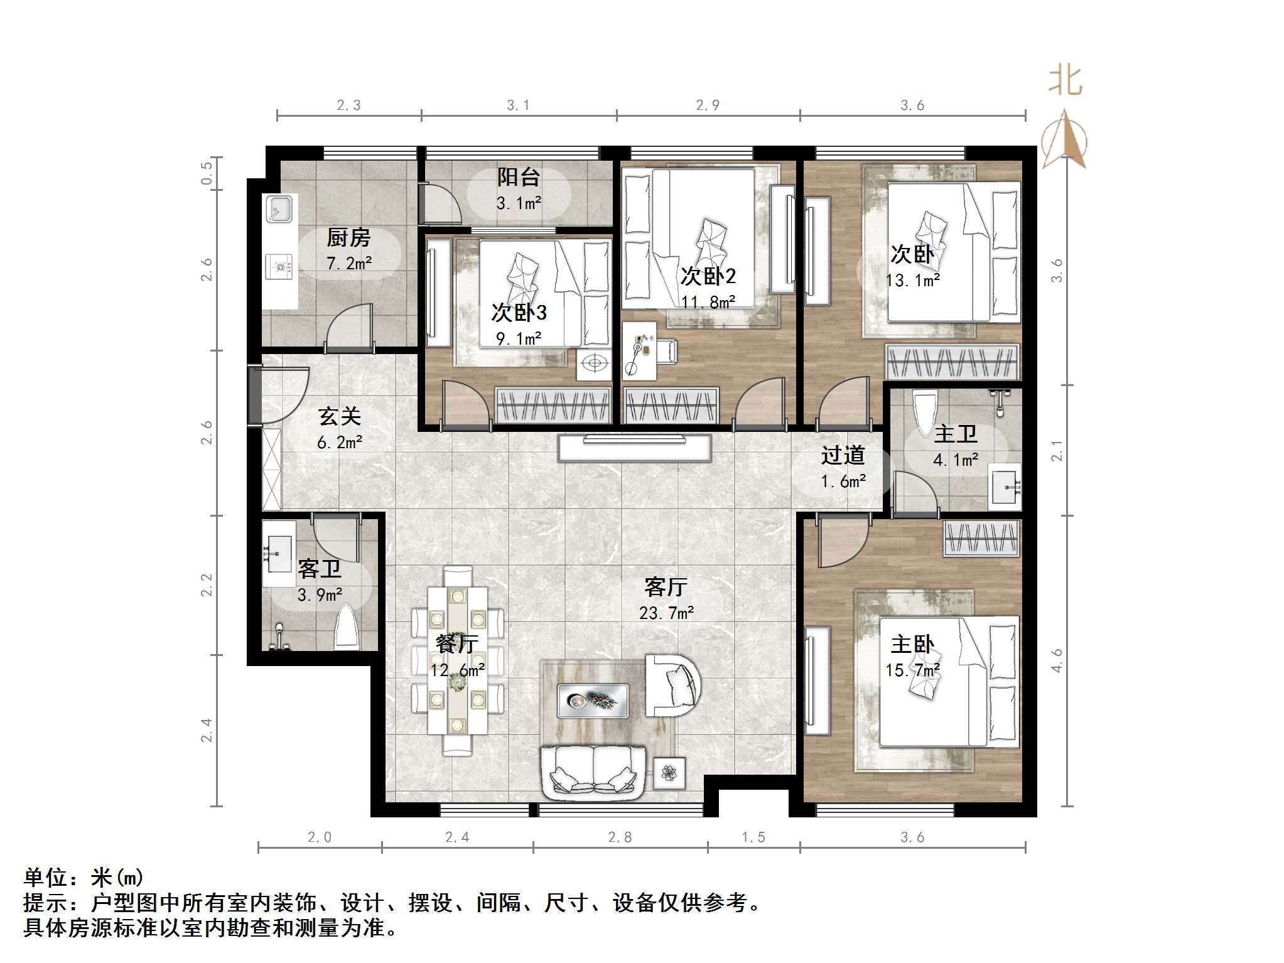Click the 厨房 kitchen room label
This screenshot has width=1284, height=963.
(348, 238)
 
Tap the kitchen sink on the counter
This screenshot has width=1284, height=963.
(279, 209)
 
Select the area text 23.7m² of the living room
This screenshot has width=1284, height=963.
(666, 613)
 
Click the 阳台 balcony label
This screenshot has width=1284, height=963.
(519, 177)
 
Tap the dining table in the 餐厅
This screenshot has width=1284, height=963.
(457, 659)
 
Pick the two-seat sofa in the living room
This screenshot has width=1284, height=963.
(593, 772)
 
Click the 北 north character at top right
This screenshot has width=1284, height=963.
(1066, 82)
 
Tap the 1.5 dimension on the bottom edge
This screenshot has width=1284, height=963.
(753, 837)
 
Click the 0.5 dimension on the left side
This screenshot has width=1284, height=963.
(207, 173)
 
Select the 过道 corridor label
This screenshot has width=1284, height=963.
(843, 455)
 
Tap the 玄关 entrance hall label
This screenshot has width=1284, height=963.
(340, 416)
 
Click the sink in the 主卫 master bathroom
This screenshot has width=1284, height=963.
(1005, 485)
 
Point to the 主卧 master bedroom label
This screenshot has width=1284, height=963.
(912, 645)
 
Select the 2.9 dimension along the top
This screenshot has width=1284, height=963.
(708, 105)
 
